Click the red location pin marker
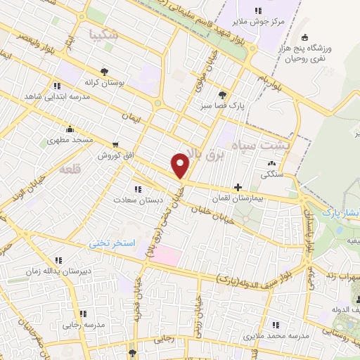pyautogui.click(x=181, y=165)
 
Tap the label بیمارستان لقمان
pyautogui.click(x=269, y=200)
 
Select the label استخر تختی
pyautogui.click(x=112, y=243)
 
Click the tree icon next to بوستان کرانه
pyautogui.click(x=105, y=72)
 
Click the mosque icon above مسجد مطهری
pyautogui.click(x=70, y=129)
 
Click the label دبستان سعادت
pyautogui.click(x=139, y=200)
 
